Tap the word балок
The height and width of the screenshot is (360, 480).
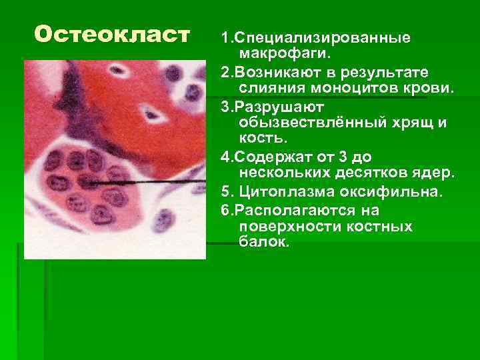(262, 243)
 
